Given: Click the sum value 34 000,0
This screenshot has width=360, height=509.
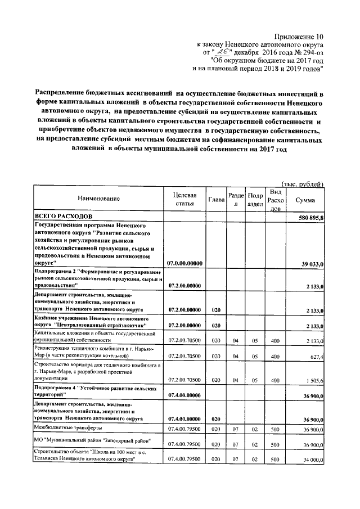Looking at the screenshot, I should tap(311, 460).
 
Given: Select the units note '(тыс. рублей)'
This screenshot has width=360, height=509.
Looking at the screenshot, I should tap(303, 184).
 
